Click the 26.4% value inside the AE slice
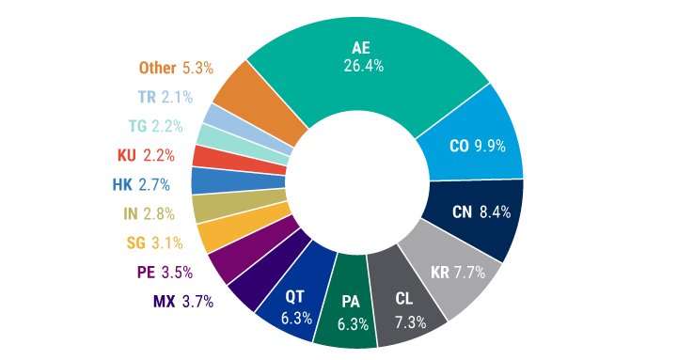point(361,67)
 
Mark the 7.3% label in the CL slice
point(410,321)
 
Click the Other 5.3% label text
point(176,68)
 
